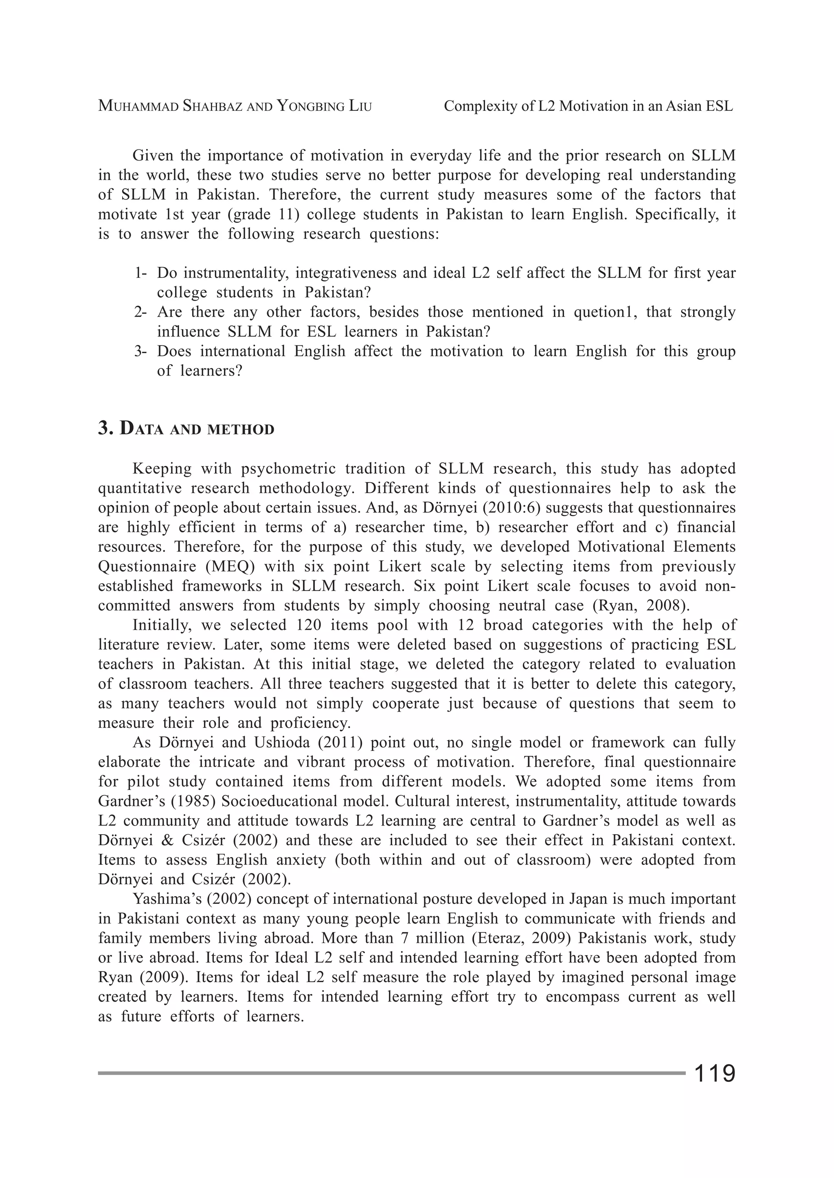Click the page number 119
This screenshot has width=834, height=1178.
pyautogui.click(x=714, y=1074)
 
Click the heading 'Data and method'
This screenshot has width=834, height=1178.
pyautogui.click(x=197, y=429)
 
